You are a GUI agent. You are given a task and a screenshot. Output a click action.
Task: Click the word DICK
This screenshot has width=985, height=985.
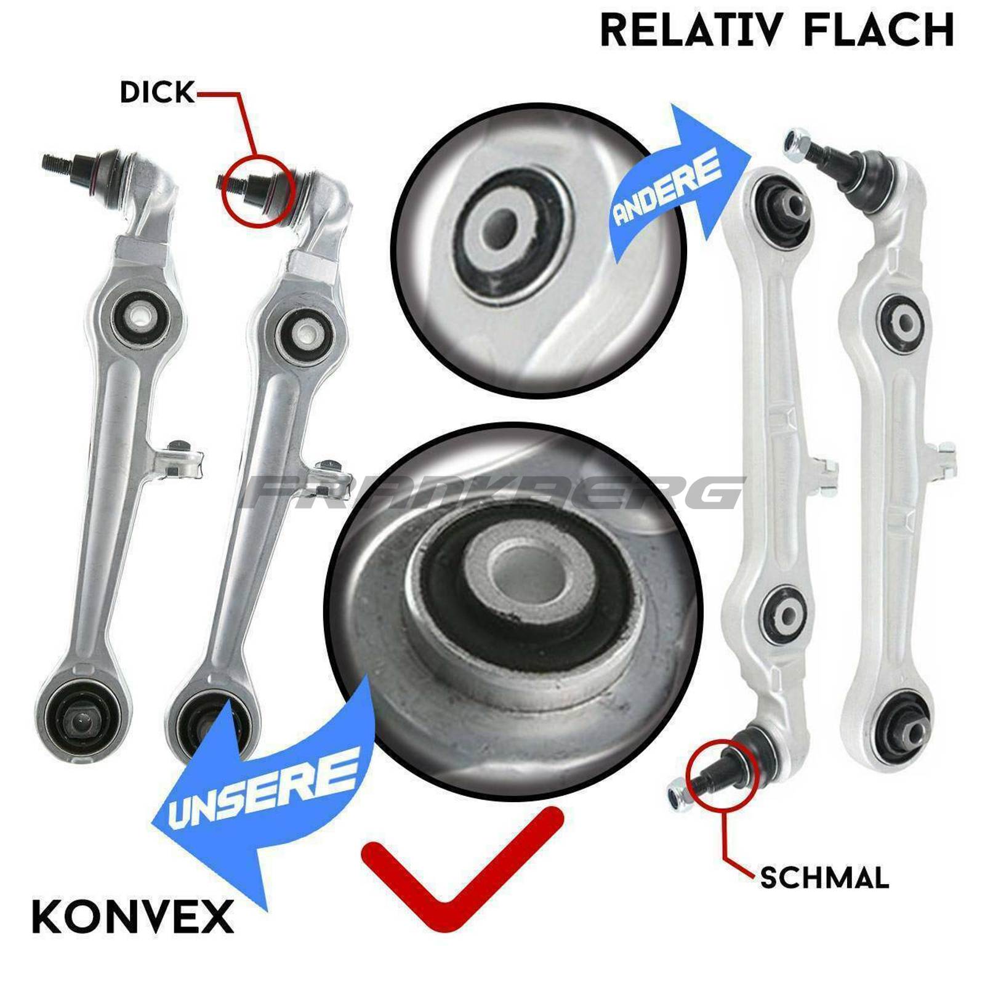(x=157, y=92)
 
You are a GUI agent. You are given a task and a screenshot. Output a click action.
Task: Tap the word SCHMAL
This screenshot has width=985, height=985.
(x=824, y=877)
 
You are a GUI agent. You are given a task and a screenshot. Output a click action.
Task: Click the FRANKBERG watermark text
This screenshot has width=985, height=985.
(x=492, y=492)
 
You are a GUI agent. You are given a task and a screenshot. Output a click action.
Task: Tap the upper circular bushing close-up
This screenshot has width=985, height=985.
(x=539, y=249)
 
